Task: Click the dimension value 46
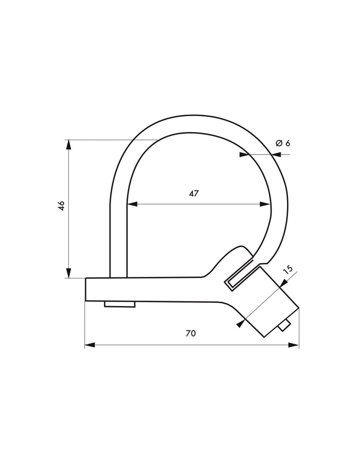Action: (61, 206)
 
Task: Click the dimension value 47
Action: (193, 194)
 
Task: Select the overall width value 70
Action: (190, 333)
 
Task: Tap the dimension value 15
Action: (288, 269)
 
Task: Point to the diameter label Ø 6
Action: (283, 143)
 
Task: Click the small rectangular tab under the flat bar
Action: (120, 305)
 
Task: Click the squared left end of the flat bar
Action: (88, 289)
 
